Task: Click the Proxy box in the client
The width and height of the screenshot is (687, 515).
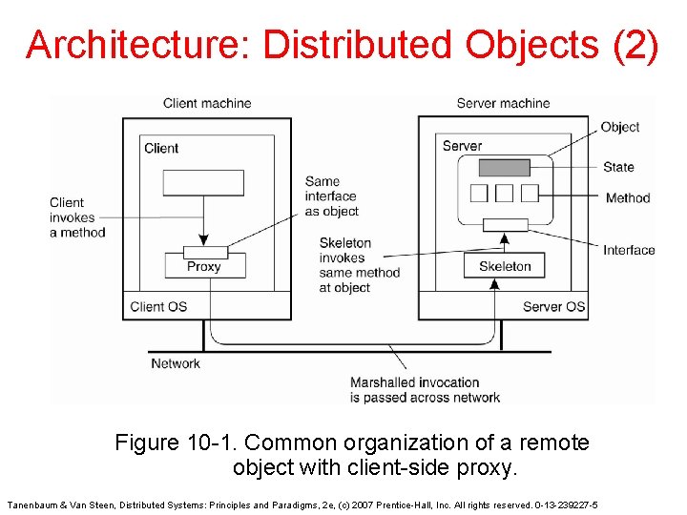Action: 203,266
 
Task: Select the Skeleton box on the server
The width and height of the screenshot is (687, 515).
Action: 504,266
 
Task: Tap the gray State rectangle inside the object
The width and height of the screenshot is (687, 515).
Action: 504,168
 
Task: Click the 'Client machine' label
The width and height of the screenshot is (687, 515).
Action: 207,103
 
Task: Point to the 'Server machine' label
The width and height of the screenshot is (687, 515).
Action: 503,103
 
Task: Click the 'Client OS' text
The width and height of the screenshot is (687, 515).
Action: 158,306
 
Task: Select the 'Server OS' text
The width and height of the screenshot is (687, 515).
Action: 553,306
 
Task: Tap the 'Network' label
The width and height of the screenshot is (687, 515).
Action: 176,363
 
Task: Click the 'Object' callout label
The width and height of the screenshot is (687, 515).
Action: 620,127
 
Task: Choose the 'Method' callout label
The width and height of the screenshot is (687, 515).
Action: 627,198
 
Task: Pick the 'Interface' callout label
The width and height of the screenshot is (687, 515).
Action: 629,250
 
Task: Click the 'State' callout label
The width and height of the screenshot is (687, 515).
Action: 618,167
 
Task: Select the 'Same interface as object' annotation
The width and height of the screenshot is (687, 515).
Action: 332,196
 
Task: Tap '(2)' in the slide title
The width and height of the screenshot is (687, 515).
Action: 634,45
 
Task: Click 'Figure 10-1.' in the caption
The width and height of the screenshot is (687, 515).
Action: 177,443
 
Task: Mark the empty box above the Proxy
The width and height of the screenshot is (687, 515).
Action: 203,182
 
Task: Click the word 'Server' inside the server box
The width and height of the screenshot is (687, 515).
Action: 462,146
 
